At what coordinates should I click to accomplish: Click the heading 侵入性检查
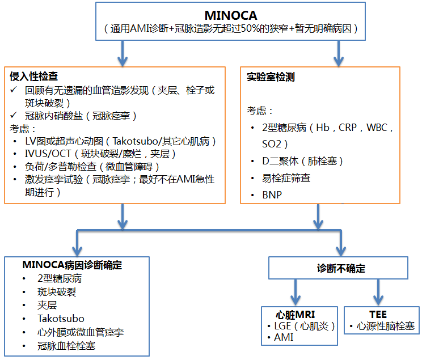(33, 76)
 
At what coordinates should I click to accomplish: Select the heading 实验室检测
(271, 77)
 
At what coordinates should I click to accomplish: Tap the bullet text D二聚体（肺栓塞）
(299, 162)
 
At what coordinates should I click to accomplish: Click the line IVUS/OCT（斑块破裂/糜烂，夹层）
(106, 153)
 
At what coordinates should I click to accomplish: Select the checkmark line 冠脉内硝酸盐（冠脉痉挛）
(81, 115)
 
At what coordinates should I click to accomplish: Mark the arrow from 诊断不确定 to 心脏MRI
(295, 293)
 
